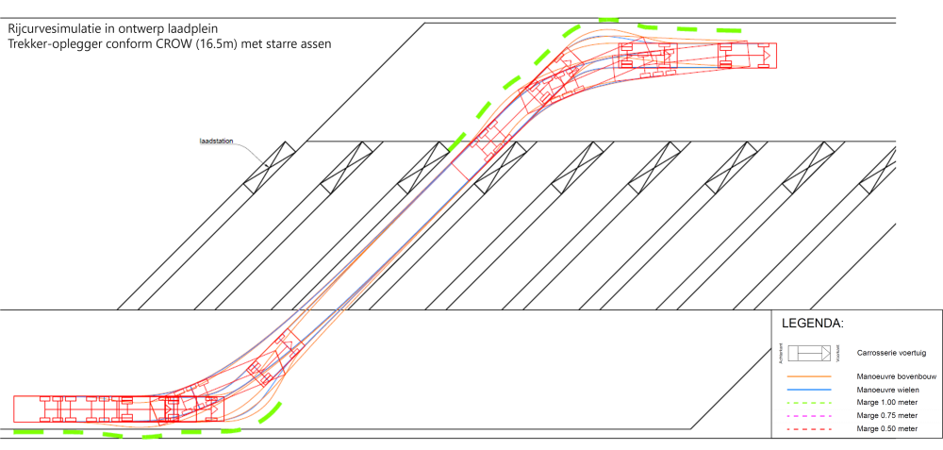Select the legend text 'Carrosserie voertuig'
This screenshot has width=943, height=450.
pos(885,353)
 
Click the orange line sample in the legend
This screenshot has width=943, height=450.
pos(808,375)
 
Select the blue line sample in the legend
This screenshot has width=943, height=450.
pos(808,389)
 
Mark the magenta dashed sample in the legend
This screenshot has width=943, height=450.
pos(808,415)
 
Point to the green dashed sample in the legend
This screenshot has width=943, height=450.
pos(808,402)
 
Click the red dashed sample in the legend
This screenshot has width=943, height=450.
pos(808,428)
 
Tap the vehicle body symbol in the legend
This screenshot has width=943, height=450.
pos(808,353)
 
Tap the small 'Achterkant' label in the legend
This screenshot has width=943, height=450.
pos(782,353)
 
